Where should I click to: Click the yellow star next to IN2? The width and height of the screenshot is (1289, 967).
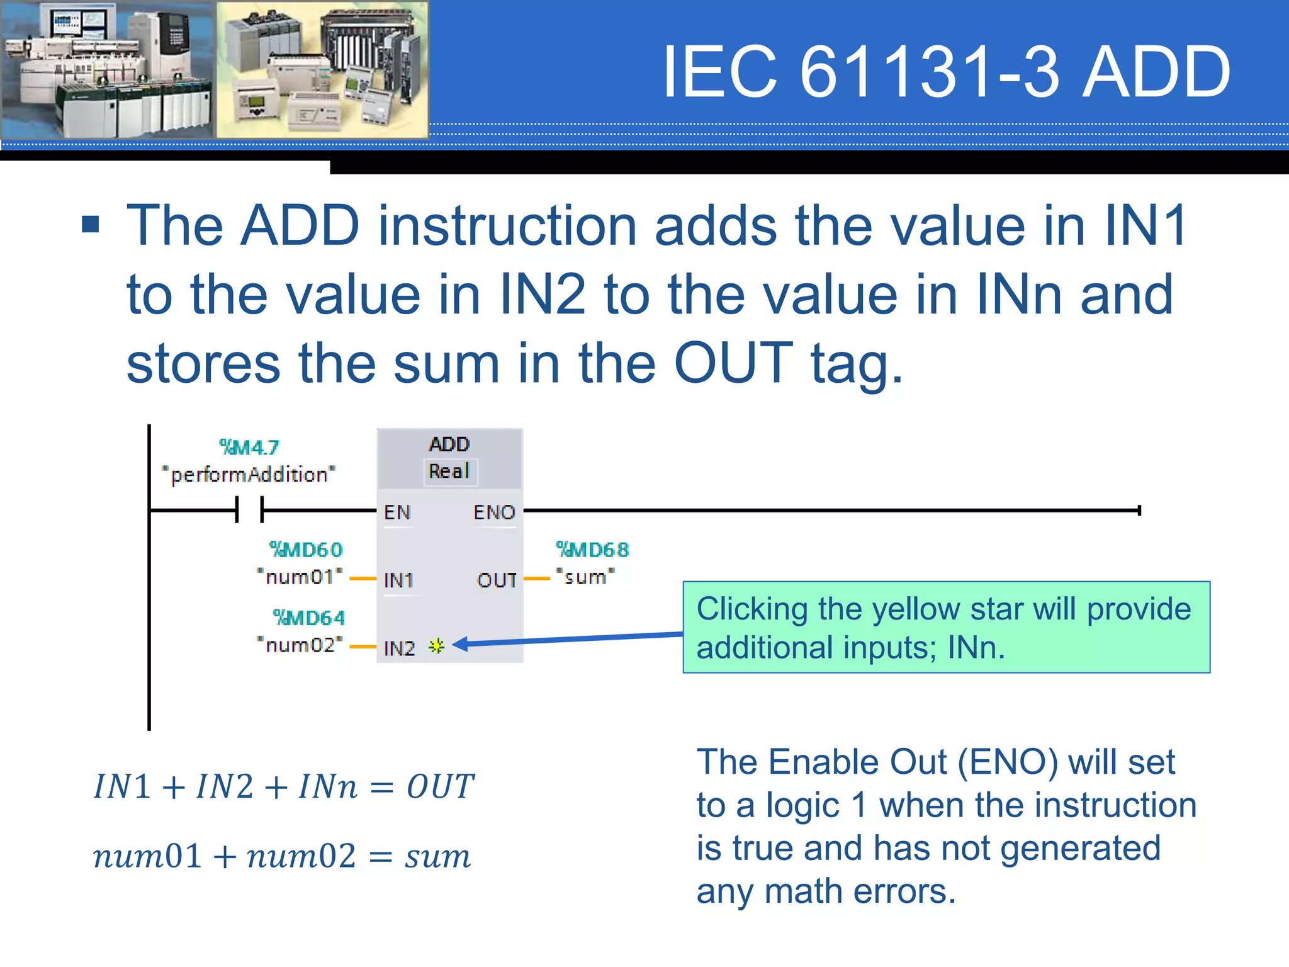[436, 646]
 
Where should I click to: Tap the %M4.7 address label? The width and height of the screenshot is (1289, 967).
[249, 447]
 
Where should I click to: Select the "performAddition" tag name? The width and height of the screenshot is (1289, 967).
[249, 474]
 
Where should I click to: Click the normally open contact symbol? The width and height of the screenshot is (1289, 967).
[249, 509]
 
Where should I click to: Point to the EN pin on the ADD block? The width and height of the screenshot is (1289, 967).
[397, 512]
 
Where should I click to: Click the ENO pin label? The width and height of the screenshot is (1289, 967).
[494, 512]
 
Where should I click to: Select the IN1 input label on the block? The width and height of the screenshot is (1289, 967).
[398, 580]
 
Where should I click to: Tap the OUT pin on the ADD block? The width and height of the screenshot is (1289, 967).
[497, 580]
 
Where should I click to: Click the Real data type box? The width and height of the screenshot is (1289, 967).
[449, 471]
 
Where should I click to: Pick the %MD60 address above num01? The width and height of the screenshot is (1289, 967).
[306, 550]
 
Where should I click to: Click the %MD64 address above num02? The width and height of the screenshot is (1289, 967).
[308, 618]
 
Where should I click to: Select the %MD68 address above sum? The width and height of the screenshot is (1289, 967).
[592, 550]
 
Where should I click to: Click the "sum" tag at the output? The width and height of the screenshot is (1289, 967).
[585, 577]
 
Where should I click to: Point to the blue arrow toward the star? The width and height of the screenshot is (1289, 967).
[566, 638]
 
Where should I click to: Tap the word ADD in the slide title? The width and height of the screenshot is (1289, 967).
[1156, 72]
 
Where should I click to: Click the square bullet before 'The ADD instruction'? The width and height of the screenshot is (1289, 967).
[91, 224]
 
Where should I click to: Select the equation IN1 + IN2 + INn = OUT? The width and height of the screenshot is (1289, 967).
[284, 786]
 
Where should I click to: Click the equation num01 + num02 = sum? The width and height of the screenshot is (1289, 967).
[282, 856]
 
